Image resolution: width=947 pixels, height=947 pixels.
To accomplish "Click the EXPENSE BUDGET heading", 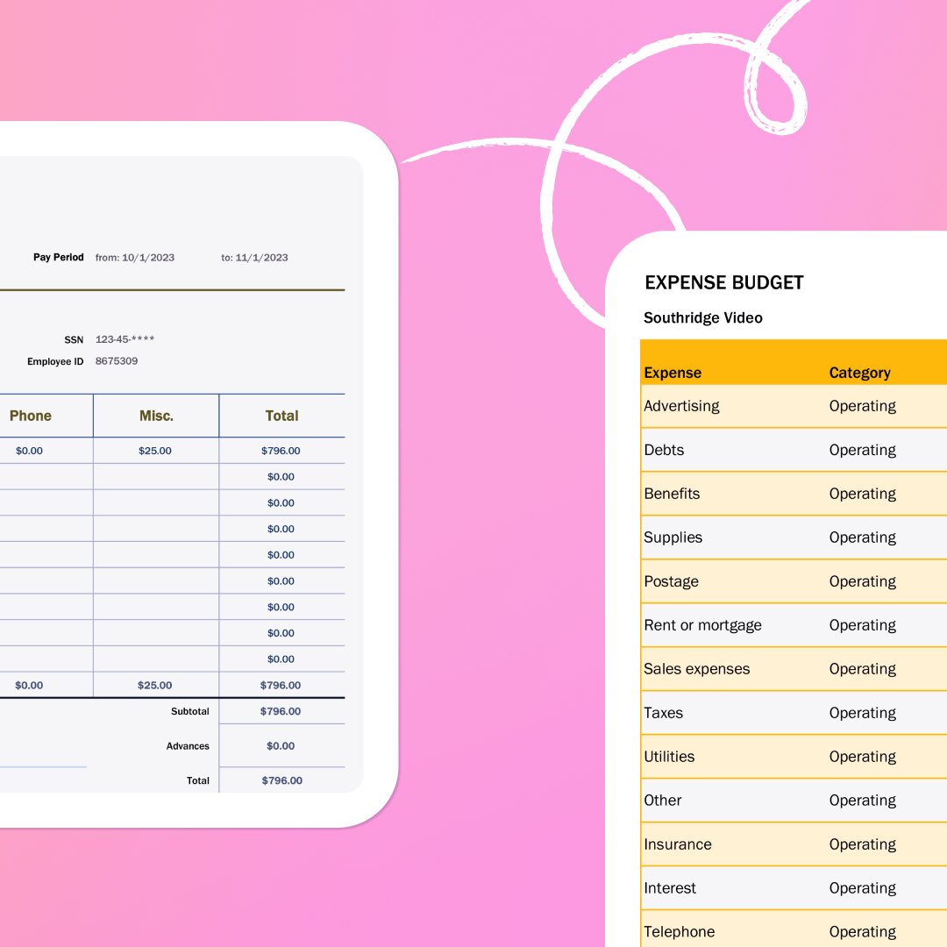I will tap(723, 282).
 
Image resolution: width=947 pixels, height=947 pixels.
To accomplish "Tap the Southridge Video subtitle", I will tap(702, 317).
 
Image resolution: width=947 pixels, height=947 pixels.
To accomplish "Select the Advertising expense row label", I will tap(681, 406).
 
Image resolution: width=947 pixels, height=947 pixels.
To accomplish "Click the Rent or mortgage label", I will tap(702, 625).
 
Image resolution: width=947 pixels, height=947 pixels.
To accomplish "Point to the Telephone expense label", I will tap(679, 931).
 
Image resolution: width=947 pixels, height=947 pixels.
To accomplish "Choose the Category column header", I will tap(859, 373).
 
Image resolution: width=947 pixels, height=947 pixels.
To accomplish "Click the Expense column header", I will tap(673, 373).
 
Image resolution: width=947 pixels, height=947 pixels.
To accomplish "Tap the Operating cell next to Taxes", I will tap(862, 713).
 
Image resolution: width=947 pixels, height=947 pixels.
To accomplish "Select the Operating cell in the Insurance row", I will tap(862, 844).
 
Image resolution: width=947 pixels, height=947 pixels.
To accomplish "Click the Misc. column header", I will tap(156, 416).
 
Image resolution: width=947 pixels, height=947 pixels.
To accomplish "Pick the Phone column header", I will tap(31, 416).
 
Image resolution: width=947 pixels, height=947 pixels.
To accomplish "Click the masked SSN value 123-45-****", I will tap(125, 339).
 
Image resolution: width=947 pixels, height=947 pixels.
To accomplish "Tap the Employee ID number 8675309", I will tap(117, 361).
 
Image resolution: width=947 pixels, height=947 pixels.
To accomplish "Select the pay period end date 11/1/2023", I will tap(261, 258).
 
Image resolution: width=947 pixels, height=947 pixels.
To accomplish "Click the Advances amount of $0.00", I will tap(281, 746).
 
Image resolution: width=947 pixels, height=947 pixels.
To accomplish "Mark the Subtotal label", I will tap(190, 711).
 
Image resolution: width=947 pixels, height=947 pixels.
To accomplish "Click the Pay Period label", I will tap(59, 258).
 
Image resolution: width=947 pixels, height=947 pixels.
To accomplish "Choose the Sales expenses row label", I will tap(696, 669).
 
